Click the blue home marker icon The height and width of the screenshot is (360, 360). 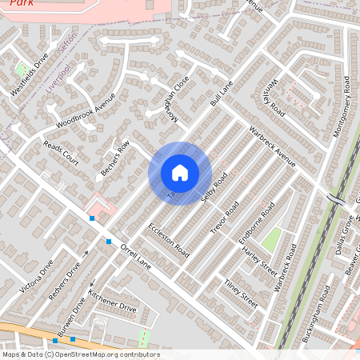click(x=180, y=173)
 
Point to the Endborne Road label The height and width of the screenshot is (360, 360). click(x=258, y=222)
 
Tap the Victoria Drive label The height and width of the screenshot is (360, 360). click(x=39, y=275)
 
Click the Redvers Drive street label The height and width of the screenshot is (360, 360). click(x=66, y=282)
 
